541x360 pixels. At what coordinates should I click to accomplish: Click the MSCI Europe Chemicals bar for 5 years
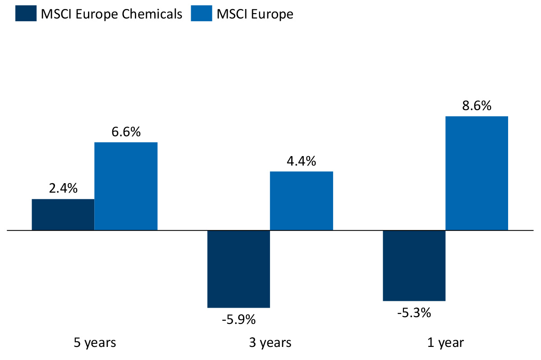point(63,214)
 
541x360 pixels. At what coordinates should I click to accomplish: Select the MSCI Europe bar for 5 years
point(126,186)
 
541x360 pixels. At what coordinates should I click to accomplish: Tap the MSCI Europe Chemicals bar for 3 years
point(238,269)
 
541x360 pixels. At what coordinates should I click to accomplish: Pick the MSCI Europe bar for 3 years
point(301,201)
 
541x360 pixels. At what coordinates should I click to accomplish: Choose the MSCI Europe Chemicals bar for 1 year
point(414,265)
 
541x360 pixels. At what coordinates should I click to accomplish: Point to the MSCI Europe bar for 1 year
point(477,173)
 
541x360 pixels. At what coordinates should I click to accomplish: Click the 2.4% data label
point(64,189)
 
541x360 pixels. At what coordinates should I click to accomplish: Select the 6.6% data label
point(126,132)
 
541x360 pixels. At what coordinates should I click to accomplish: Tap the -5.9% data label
point(238,320)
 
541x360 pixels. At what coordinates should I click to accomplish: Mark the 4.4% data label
point(301,161)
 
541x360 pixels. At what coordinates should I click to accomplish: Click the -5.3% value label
point(414,312)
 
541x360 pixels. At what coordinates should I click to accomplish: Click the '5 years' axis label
point(95,343)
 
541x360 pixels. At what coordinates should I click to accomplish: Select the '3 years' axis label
point(270,343)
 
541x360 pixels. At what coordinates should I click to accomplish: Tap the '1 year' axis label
point(445,343)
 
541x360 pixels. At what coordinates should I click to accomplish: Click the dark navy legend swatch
point(26,14)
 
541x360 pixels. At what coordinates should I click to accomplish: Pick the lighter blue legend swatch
point(201,14)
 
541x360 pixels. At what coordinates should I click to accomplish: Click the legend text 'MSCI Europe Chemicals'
point(111,14)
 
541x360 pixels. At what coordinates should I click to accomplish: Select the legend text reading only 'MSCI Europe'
point(255,14)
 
